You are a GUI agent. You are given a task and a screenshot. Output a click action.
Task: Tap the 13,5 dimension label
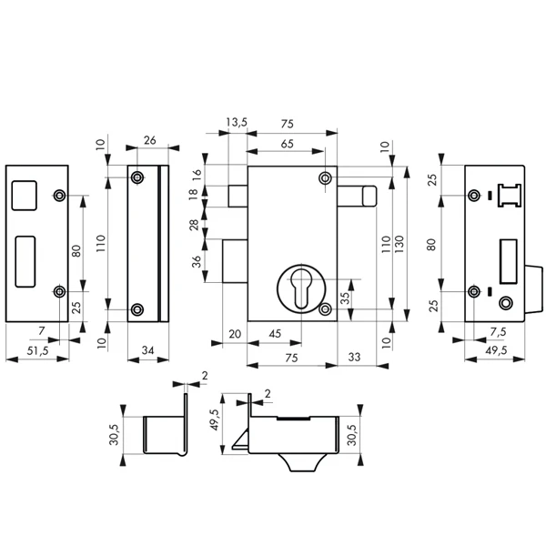click(x=237, y=122)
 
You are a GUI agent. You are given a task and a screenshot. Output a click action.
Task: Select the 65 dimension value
click(x=288, y=144)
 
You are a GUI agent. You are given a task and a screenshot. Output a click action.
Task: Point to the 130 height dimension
click(x=399, y=244)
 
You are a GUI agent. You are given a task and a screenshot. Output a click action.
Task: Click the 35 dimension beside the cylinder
click(x=345, y=298)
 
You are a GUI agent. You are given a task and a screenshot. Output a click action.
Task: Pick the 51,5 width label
click(x=37, y=350)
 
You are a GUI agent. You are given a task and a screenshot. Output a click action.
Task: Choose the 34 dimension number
click(x=148, y=350)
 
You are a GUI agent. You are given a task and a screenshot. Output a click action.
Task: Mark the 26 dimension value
click(x=150, y=140)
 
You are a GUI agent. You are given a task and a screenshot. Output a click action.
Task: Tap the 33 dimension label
click(x=354, y=357)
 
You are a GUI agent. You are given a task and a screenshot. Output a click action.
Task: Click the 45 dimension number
click(x=275, y=334)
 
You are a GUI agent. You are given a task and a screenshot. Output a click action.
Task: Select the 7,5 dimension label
click(x=499, y=332)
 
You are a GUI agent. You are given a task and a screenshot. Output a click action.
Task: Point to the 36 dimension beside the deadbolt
click(x=197, y=261)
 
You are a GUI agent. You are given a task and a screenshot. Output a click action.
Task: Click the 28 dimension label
click(x=195, y=225)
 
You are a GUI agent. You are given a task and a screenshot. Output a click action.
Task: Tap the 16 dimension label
click(x=197, y=173)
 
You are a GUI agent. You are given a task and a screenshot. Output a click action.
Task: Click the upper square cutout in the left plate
click(x=24, y=196)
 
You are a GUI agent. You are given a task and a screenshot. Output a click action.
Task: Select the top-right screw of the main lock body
click(x=325, y=178)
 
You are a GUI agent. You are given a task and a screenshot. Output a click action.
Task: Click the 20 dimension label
click(x=235, y=334)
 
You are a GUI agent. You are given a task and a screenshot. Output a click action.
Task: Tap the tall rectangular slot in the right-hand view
click(x=509, y=261)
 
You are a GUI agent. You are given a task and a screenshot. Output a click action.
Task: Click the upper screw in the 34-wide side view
click(x=137, y=177)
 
